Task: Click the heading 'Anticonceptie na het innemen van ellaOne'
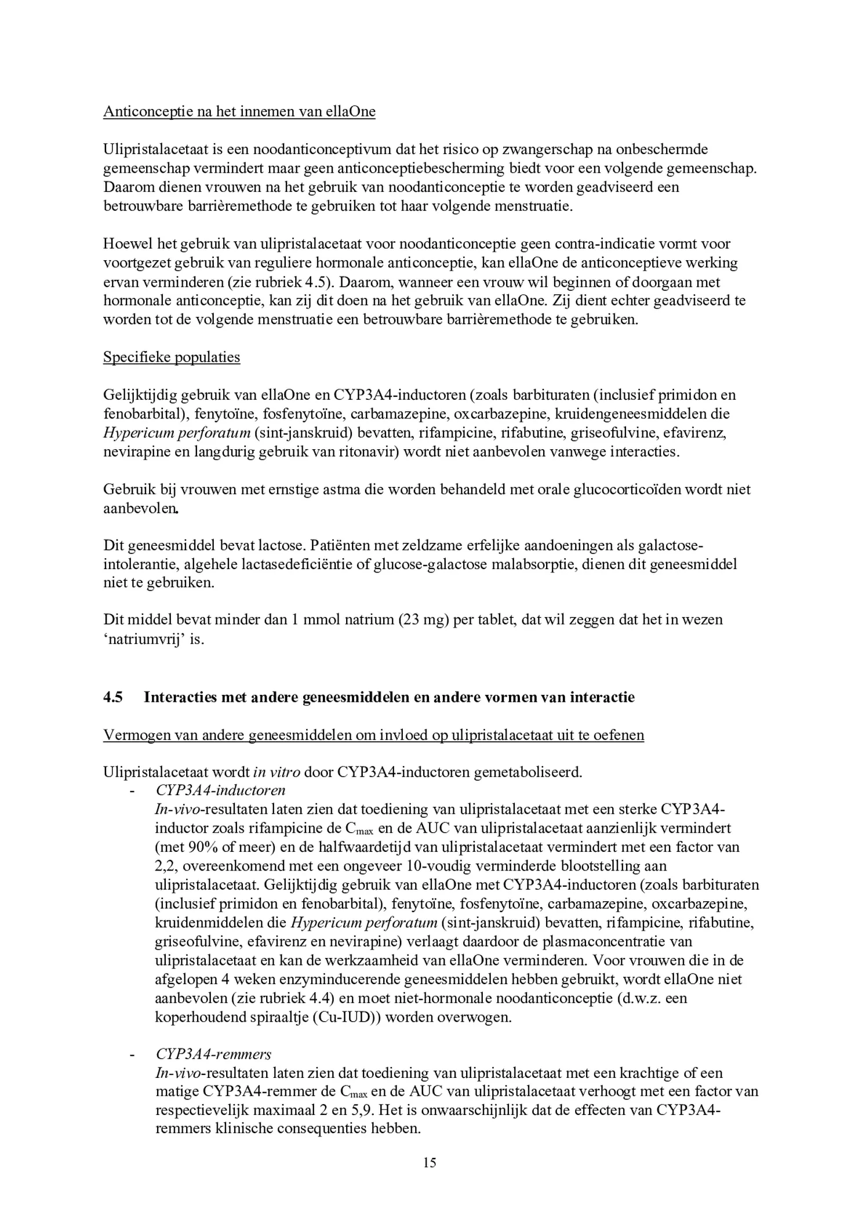pos(239,111)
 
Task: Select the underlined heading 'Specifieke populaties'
pos(172,357)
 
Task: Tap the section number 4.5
pos(113,697)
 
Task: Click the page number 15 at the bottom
pos(430,1163)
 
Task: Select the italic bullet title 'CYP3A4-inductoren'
pos(220,790)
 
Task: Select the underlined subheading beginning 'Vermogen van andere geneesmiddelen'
pos(373,735)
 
